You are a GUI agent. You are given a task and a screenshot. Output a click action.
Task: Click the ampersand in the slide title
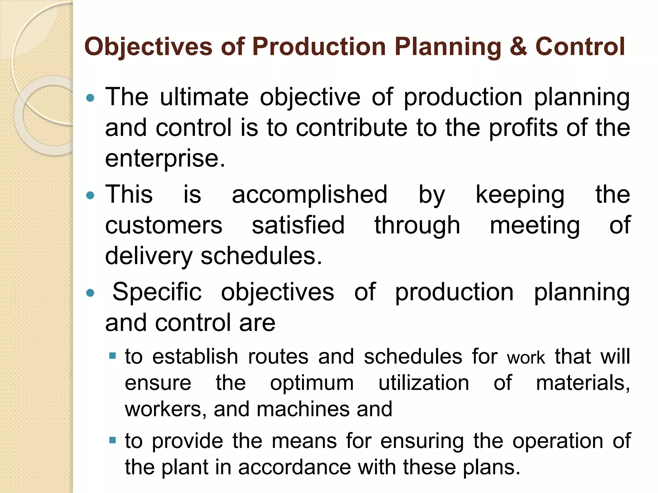(x=518, y=47)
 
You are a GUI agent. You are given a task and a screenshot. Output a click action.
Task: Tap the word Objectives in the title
(x=148, y=47)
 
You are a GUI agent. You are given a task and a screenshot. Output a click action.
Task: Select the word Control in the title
(x=580, y=47)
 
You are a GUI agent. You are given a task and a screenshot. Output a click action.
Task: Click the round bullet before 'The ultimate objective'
(x=91, y=98)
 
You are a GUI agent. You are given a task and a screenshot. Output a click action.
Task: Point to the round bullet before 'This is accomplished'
(x=91, y=195)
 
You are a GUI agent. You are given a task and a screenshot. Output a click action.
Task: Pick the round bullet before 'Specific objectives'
(x=91, y=293)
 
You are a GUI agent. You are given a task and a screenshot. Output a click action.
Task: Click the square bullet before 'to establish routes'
(x=112, y=356)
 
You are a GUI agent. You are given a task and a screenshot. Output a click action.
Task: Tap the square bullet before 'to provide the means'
(x=112, y=440)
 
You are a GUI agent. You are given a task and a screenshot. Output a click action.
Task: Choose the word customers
(x=164, y=225)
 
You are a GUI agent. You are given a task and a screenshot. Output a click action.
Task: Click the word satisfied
(x=298, y=225)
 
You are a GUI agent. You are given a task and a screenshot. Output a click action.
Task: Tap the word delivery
(x=149, y=256)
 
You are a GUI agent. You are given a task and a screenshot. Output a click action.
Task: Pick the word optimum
(x=312, y=383)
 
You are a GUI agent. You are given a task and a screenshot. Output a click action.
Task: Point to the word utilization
(x=424, y=383)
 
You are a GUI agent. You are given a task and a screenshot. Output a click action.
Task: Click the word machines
(x=303, y=409)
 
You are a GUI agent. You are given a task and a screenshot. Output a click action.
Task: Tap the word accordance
(x=294, y=467)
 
